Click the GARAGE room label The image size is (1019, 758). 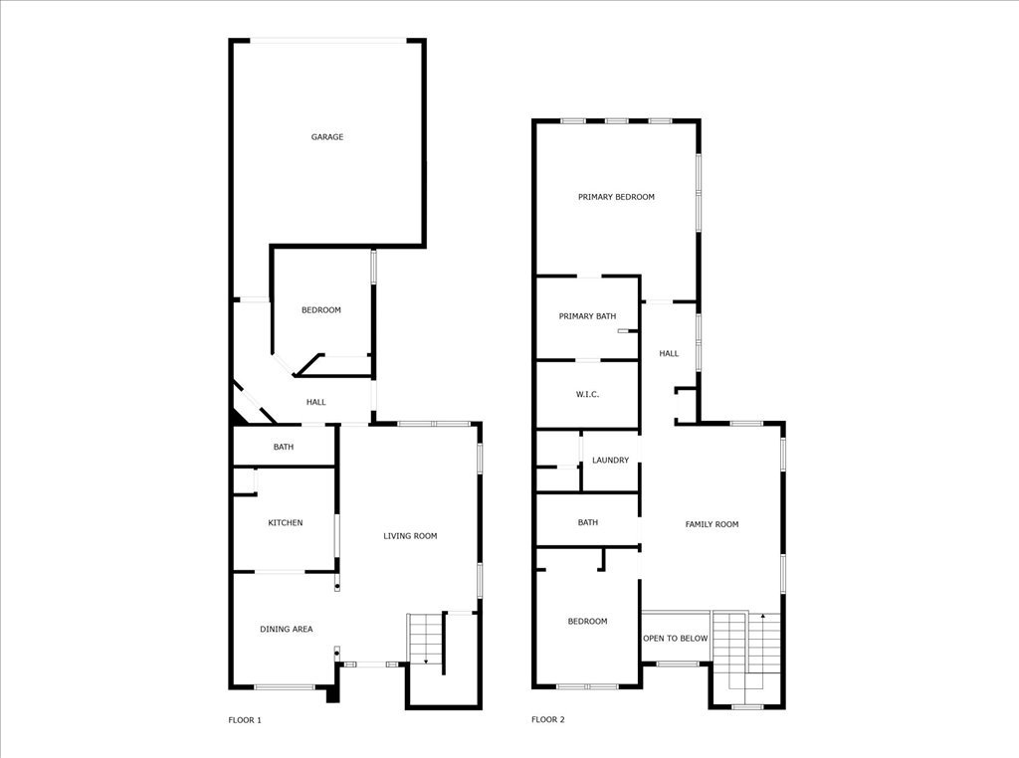(326, 137)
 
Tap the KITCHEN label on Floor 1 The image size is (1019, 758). (286, 523)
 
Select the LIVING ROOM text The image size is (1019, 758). (410, 536)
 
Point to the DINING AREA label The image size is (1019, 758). (286, 629)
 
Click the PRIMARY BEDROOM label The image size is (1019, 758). (616, 197)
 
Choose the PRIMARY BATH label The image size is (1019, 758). (587, 316)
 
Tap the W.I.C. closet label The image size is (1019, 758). (587, 394)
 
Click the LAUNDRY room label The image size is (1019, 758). (610, 460)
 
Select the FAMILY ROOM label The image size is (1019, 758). (712, 524)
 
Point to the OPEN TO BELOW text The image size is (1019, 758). (676, 639)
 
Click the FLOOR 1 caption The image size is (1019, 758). (245, 719)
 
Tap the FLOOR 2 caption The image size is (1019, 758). (548, 719)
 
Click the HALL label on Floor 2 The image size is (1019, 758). (669, 353)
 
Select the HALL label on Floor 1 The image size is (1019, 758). (315, 402)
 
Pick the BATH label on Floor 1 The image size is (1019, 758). (284, 447)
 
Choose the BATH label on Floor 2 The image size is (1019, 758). (587, 522)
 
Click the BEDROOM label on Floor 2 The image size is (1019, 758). (587, 621)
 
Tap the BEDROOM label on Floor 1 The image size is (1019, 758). (321, 309)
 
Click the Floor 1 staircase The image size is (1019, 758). (426, 639)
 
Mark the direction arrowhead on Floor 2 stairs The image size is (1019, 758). (763, 615)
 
